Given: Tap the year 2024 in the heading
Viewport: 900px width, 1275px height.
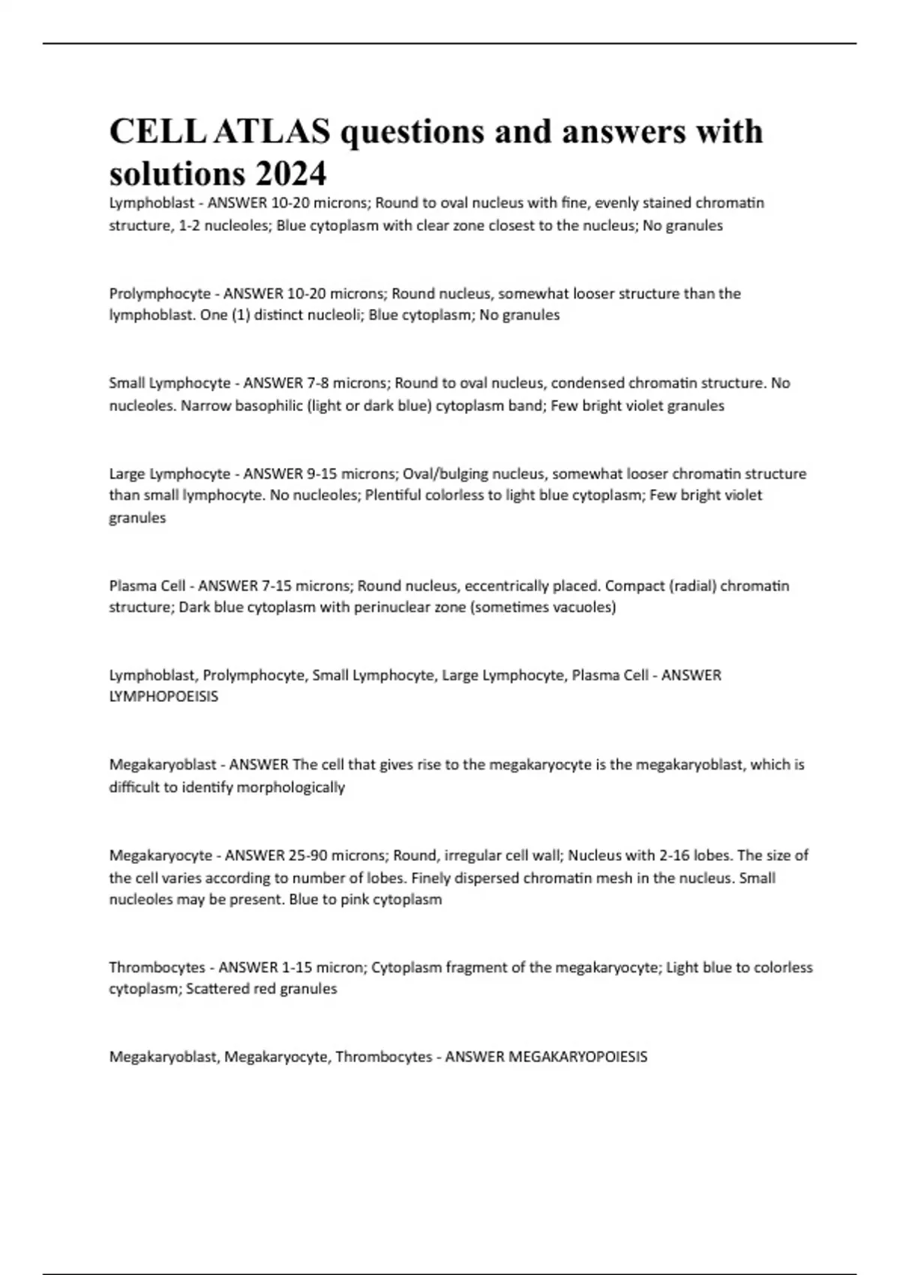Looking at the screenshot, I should (290, 174).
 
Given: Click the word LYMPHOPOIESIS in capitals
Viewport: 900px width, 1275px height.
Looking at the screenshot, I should (163, 697).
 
